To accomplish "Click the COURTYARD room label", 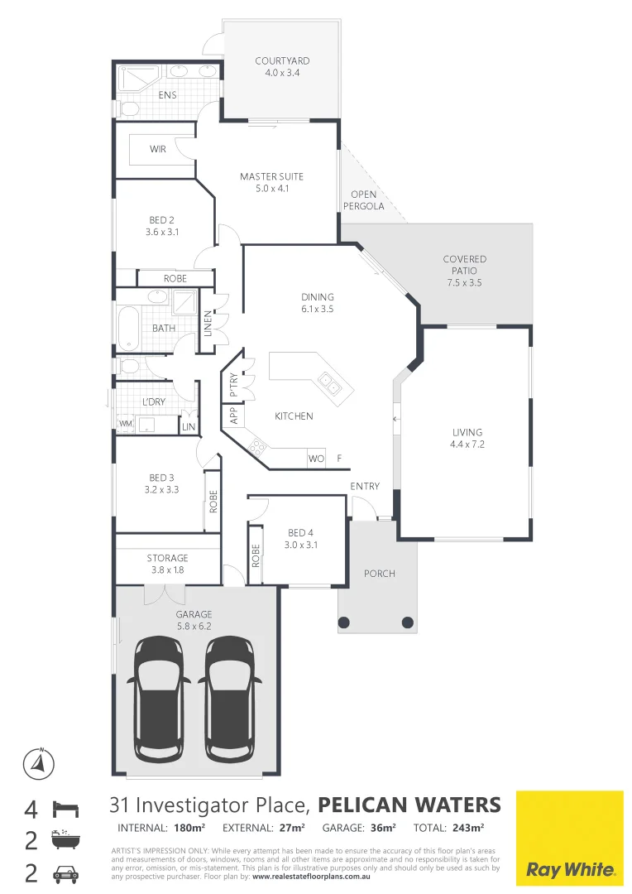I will [x=282, y=61].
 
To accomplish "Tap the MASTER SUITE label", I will [x=271, y=176].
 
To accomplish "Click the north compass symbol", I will [x=37, y=762].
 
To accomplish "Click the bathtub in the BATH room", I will [x=127, y=328].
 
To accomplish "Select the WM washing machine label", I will [x=125, y=424].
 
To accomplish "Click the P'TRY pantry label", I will [x=232, y=387].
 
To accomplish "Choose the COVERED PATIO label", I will [x=465, y=265].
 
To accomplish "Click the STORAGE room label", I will [x=168, y=558].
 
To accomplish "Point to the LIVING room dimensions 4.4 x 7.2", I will [x=467, y=444].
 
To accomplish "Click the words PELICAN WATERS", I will [x=409, y=805].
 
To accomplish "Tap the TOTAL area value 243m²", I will [x=470, y=827].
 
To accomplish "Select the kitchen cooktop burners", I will [x=258, y=448].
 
